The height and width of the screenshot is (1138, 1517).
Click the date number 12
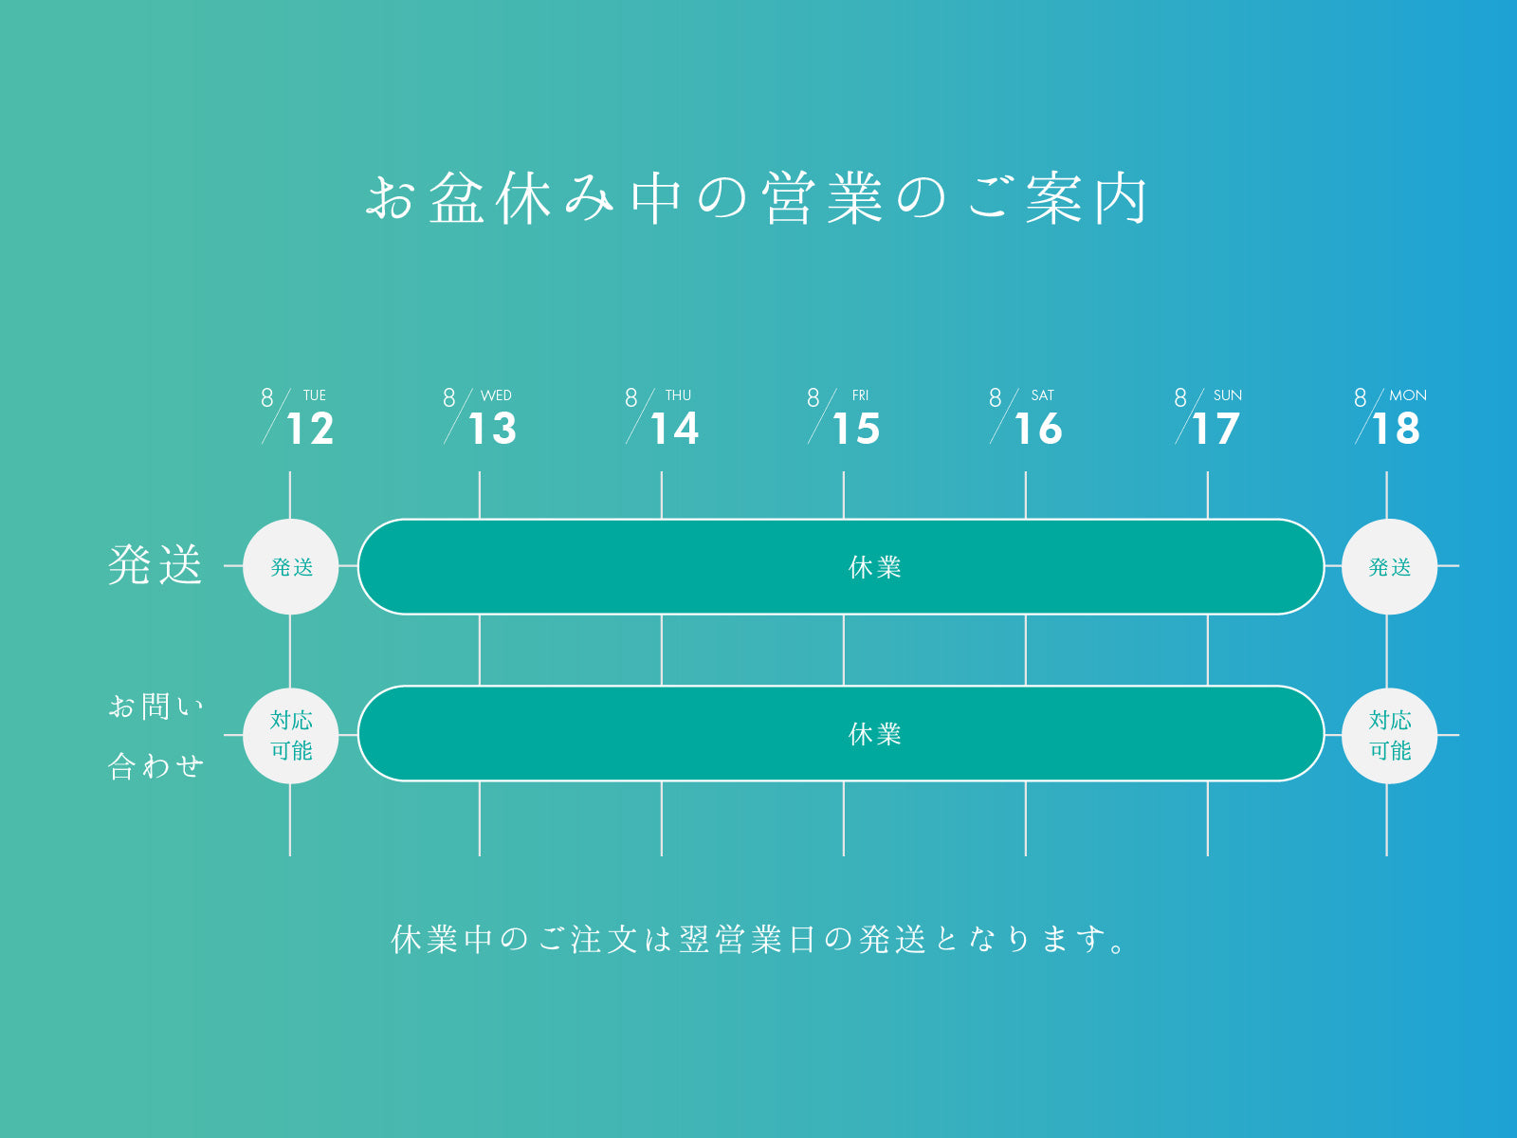click(x=310, y=429)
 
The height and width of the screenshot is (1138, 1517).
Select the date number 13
click(x=493, y=429)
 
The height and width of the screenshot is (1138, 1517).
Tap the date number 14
click(x=674, y=429)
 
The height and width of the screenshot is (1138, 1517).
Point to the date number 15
click(x=856, y=429)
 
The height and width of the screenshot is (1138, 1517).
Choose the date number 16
click(x=1038, y=429)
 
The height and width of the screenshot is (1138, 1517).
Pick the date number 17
click(x=1216, y=429)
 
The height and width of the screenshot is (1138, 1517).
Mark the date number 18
click(x=1396, y=429)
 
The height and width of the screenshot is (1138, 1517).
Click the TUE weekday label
click(x=315, y=395)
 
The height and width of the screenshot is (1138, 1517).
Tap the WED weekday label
click(x=496, y=395)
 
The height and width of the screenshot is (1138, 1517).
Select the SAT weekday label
click(x=1042, y=395)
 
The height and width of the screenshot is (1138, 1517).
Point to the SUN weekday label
click(x=1228, y=395)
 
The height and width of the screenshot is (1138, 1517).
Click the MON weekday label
click(x=1408, y=395)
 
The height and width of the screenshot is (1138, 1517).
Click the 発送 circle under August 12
click(x=291, y=566)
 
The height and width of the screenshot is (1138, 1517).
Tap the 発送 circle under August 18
click(x=1389, y=566)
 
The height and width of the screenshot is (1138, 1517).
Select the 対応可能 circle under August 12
click(x=291, y=736)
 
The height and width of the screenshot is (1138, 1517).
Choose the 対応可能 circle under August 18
click(x=1389, y=736)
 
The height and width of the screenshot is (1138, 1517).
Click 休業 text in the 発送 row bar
click(x=875, y=567)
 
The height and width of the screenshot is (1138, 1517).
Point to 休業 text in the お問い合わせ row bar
click(x=875, y=734)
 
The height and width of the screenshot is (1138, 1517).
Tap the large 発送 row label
click(x=155, y=565)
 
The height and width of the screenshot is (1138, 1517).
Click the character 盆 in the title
click(x=457, y=198)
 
